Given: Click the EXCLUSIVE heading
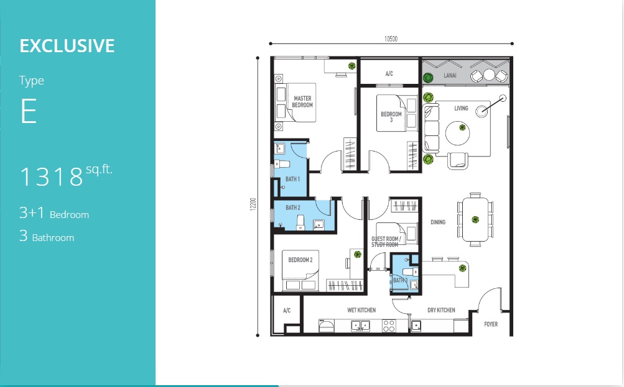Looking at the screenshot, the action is [x=67, y=46].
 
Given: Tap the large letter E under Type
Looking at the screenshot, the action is [x=28, y=111].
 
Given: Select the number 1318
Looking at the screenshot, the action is [x=52, y=177].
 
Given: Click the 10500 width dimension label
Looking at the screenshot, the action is [x=391, y=39].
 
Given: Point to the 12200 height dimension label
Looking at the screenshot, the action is [x=253, y=204].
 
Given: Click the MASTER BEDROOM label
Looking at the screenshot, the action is [x=302, y=102].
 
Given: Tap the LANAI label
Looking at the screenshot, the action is [x=450, y=76].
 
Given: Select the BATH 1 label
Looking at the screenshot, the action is [x=292, y=179].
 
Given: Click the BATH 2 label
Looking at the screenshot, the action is [x=293, y=207].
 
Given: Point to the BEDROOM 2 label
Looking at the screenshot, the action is [x=300, y=260].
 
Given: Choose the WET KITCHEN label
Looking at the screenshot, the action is [x=361, y=310].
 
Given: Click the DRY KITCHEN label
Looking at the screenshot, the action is [x=441, y=310].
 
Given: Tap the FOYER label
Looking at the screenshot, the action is [x=491, y=324].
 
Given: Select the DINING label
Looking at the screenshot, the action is [x=438, y=222].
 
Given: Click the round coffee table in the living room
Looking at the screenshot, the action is [x=457, y=133].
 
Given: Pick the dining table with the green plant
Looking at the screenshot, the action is [x=475, y=219].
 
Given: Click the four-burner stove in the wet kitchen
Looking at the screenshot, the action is [x=389, y=326].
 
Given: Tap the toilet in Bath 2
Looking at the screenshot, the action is [x=300, y=222].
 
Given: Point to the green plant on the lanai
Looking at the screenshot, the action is [x=428, y=78].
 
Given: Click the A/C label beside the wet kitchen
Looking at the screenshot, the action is [x=287, y=311].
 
